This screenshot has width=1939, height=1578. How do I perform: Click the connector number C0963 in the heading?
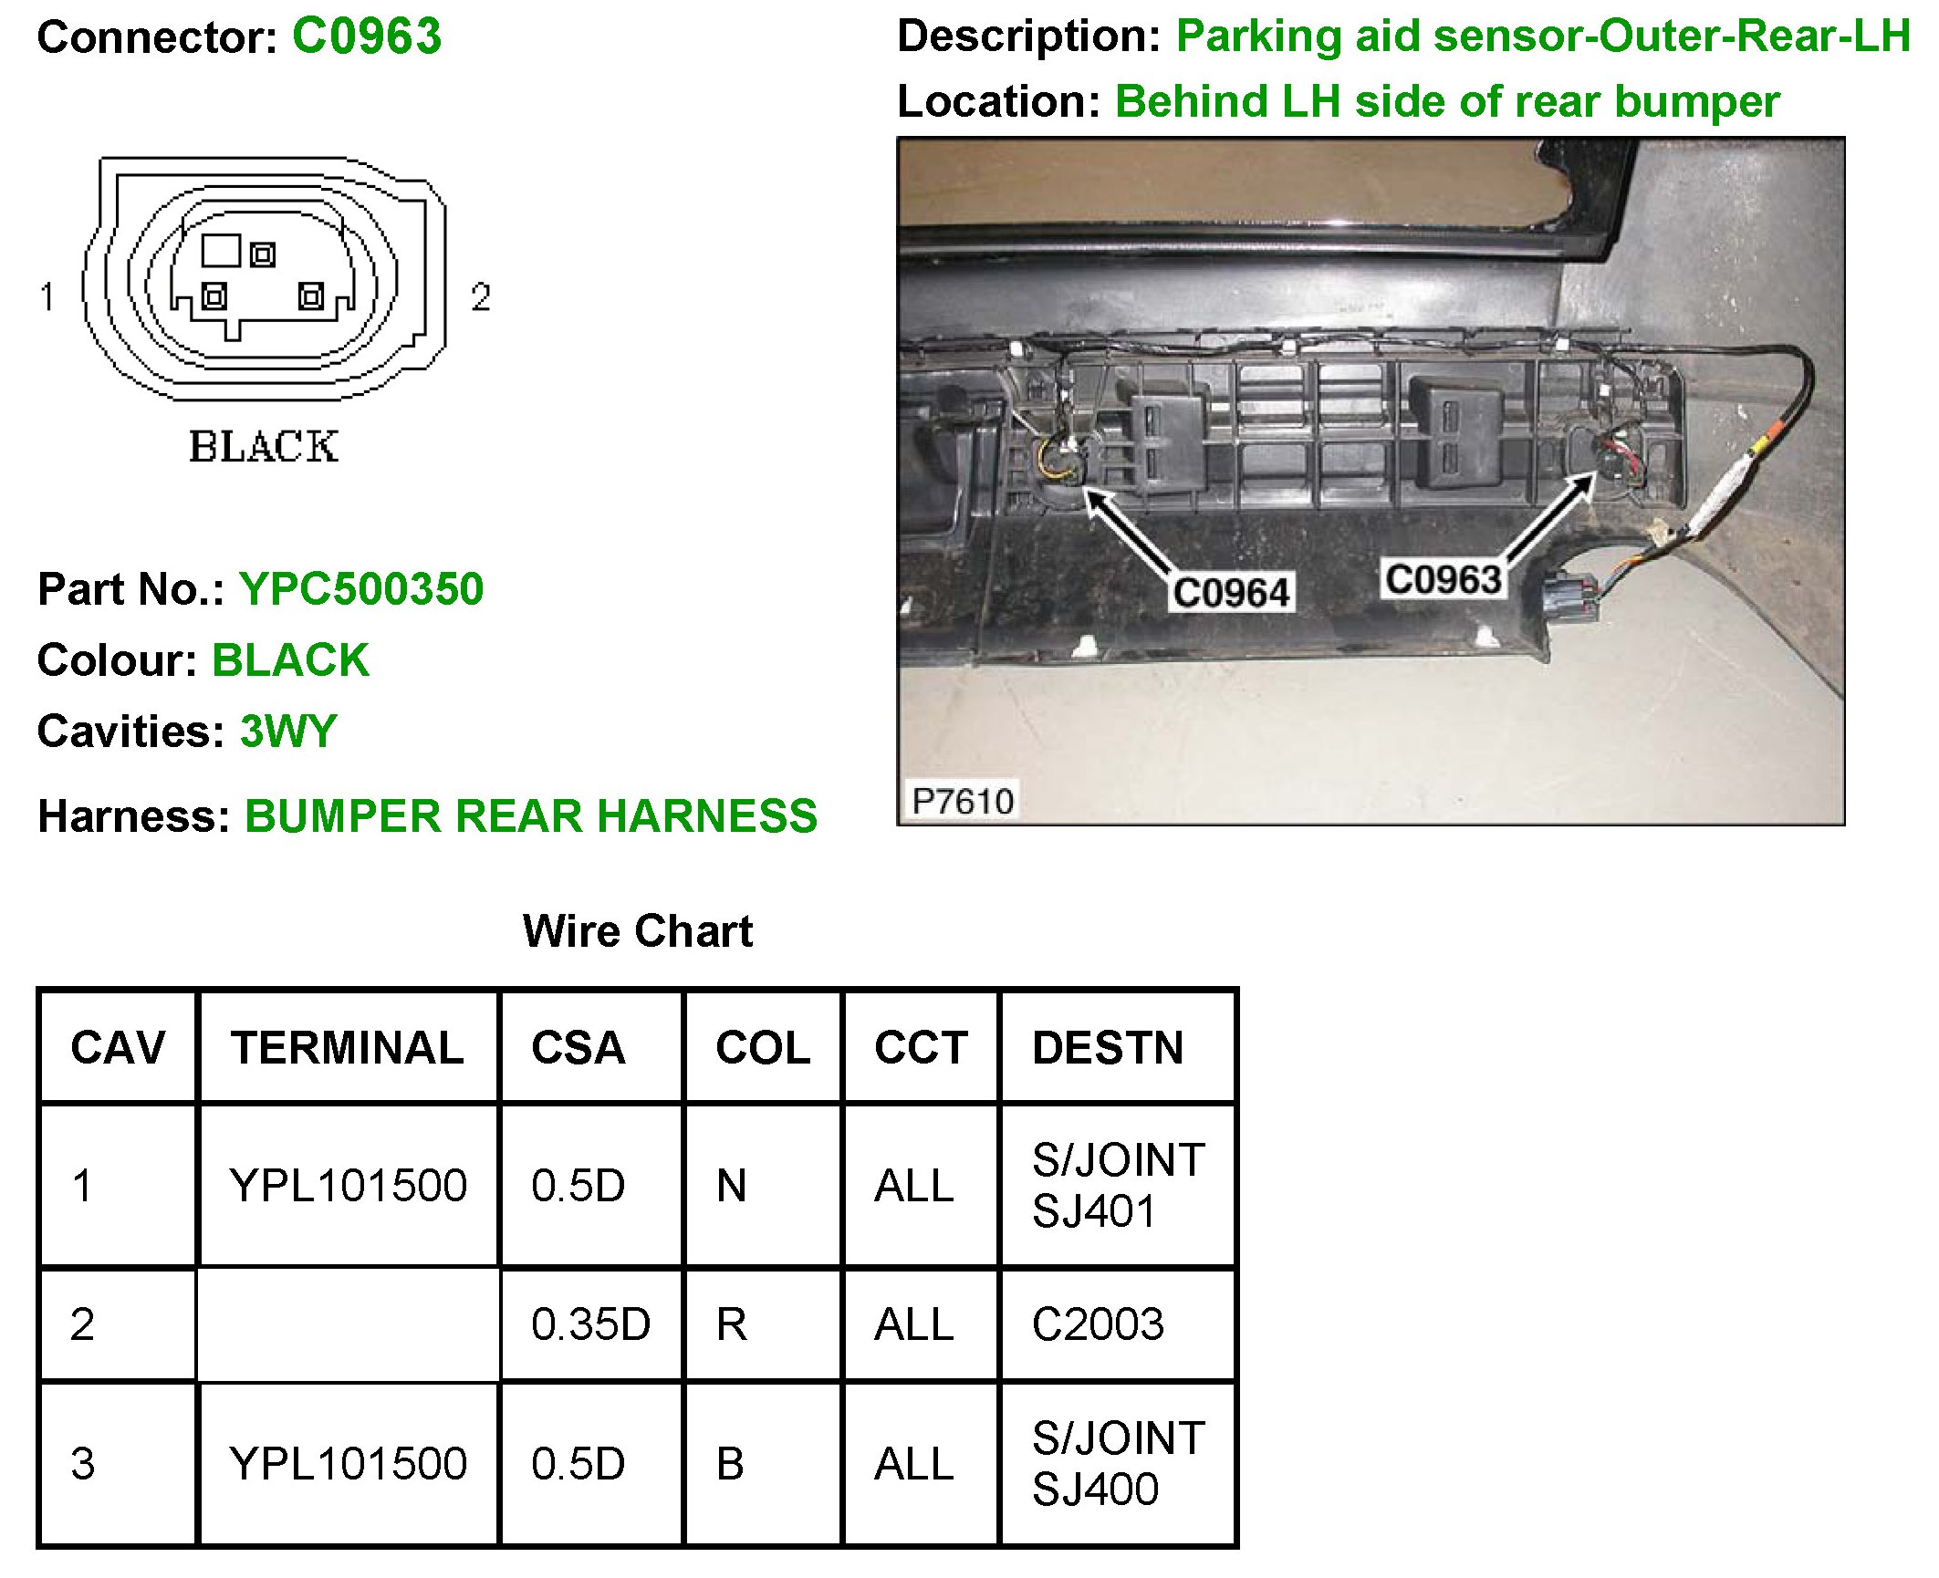point(367,37)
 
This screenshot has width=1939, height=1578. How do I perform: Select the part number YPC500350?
point(361,589)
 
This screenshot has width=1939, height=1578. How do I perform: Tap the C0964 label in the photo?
point(1231,593)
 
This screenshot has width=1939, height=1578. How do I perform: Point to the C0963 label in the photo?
point(1443,580)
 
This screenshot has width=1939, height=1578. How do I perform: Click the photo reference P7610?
point(963,801)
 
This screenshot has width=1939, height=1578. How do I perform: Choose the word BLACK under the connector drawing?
point(264,447)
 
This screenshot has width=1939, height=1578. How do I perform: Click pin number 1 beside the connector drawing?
point(47,296)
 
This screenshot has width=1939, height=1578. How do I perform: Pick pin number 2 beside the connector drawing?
point(481,296)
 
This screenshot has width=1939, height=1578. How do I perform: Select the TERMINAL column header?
point(347,1047)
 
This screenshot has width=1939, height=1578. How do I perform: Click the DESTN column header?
point(1108,1047)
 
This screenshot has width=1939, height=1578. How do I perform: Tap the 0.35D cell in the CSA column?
point(590,1324)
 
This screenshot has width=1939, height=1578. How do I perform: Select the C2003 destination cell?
point(1098,1324)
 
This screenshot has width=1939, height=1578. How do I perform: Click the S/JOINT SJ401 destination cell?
point(1118,1186)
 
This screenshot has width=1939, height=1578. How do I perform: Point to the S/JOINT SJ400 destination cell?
point(1118,1464)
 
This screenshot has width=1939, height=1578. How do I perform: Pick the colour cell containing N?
point(732,1186)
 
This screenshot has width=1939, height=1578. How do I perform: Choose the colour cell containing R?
point(732,1324)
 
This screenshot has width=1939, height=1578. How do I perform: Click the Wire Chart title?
point(638,931)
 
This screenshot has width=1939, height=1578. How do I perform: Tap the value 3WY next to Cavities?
point(288,732)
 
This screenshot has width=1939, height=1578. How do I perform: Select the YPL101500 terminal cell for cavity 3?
point(348,1464)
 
